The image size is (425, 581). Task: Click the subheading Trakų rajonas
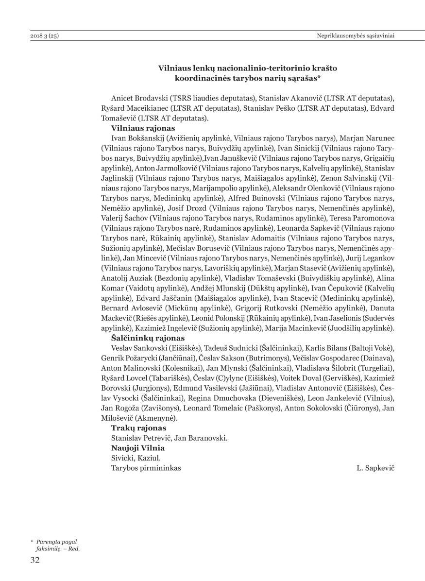click(x=138, y=428)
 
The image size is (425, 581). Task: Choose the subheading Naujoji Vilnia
click(x=137, y=447)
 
